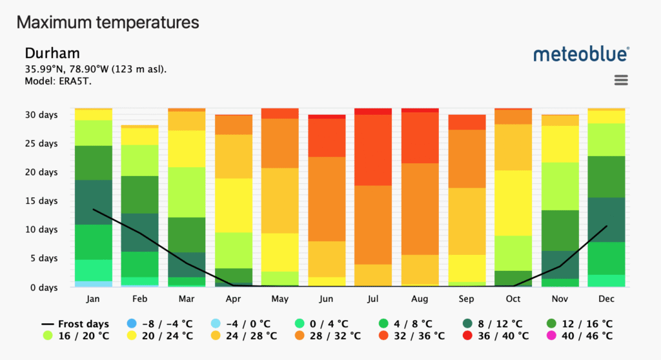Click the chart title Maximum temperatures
[108, 23]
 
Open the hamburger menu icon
[621, 80]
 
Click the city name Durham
[52, 53]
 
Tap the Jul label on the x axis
[372, 299]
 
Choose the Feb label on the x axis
[140, 299]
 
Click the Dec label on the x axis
[605, 299]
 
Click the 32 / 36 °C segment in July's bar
[372, 150]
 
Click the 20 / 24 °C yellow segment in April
[233, 205]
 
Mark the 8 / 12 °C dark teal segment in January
[94, 202]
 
